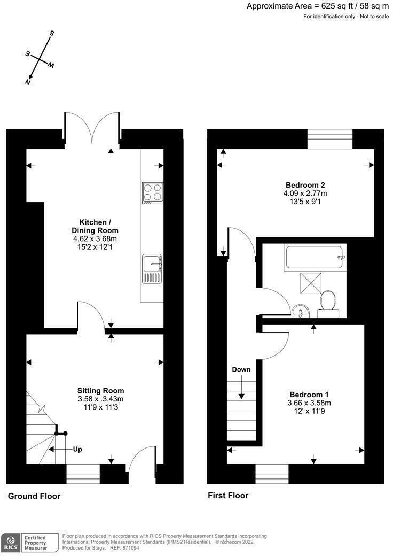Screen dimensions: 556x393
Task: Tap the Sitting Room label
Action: pos(100,390)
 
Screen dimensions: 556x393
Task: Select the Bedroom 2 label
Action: pos(305,185)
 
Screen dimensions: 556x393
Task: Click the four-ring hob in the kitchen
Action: pos(153,192)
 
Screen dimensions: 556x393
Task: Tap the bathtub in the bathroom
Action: pos(316,257)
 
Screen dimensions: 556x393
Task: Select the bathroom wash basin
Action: pos(299,310)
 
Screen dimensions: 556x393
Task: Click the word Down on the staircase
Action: pos(241,369)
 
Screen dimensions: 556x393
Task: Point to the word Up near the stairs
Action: pos(77,449)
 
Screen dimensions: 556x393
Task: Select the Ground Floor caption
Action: pos(34,496)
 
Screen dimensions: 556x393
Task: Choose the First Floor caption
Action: pos(228,496)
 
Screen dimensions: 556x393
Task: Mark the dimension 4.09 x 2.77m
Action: pos(305,194)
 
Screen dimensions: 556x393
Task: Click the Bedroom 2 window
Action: pos(330,139)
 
